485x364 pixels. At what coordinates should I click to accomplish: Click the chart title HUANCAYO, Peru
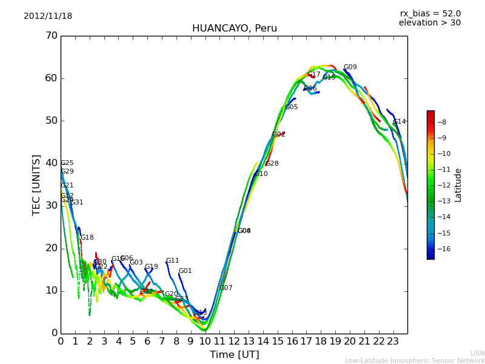[234, 29]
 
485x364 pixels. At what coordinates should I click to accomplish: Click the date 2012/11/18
[48, 16]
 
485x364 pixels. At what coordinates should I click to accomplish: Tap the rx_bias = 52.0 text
[430, 14]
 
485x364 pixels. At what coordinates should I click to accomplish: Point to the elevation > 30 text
[429, 23]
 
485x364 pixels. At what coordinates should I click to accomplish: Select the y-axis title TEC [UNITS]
[36, 184]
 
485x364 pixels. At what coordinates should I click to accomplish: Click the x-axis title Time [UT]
[234, 355]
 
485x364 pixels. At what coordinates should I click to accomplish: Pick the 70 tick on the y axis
[51, 36]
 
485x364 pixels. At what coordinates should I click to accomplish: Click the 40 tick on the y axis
[51, 163]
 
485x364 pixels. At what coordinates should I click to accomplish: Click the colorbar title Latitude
[458, 185]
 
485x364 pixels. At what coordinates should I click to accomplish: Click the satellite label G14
[400, 122]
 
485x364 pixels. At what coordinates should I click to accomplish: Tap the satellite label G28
[272, 164]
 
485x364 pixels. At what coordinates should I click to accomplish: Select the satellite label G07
[226, 288]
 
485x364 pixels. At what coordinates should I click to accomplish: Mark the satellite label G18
[87, 238]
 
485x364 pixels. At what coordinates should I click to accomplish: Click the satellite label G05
[292, 107]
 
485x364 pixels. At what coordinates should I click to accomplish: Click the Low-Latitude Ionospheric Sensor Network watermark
[415, 360]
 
